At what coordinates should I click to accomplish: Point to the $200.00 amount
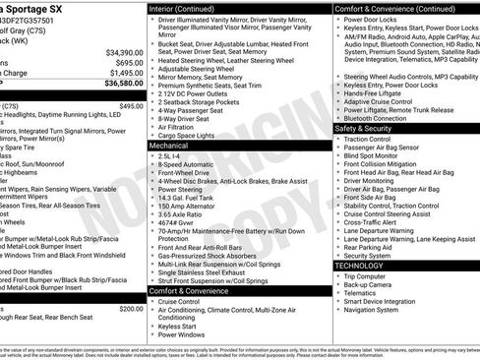point(131,308)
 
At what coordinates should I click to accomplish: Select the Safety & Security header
point(370,128)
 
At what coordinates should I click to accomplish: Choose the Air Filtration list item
point(178,126)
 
